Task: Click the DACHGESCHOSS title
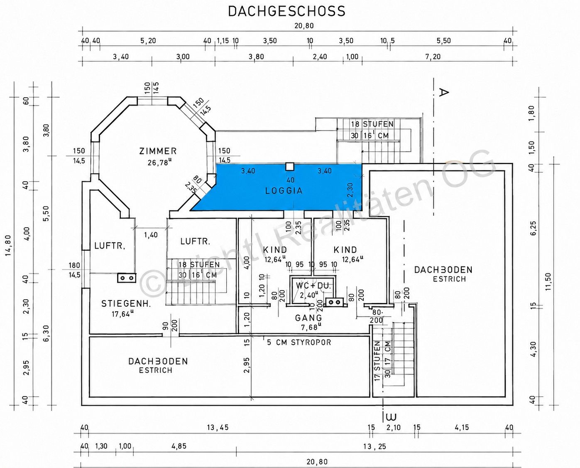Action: pyautogui.click(x=287, y=11)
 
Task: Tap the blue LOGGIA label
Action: pyautogui.click(x=284, y=191)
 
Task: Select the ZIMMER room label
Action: pyautogui.click(x=158, y=151)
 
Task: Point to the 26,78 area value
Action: pyautogui.click(x=159, y=163)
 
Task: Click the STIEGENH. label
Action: pyautogui.click(x=126, y=304)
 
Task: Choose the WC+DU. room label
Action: pyautogui.click(x=313, y=286)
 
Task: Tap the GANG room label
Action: pyautogui.click(x=308, y=318)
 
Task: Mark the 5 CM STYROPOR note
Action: pyautogui.click(x=299, y=342)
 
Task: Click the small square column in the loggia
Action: pyautogui.click(x=290, y=167)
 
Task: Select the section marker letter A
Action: pyautogui.click(x=444, y=92)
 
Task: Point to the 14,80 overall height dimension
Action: pyautogui.click(x=9, y=249)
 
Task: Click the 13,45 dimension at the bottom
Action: pyautogui.click(x=218, y=428)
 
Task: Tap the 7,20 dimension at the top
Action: pyautogui.click(x=433, y=57)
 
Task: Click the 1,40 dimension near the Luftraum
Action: pyautogui.click(x=151, y=235)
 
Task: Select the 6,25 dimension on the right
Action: pyautogui.click(x=534, y=228)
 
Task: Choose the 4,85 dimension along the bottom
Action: pyautogui.click(x=179, y=446)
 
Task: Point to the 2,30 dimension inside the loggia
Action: pyautogui.click(x=350, y=190)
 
